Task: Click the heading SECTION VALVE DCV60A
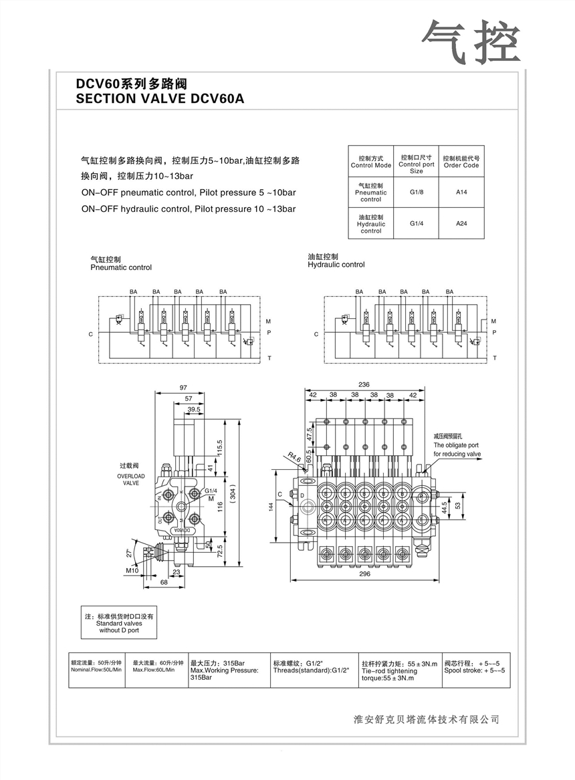point(160,99)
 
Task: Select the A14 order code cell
point(461,192)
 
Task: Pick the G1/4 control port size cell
point(417,224)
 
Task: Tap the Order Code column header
point(461,162)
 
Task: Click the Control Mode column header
point(371,162)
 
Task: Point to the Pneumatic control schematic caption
point(121,264)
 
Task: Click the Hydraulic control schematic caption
point(336,261)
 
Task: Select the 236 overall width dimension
point(364,384)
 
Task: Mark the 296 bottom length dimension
point(364,573)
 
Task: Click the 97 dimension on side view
point(183,388)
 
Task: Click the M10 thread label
point(132,570)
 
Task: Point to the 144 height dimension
point(271,509)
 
